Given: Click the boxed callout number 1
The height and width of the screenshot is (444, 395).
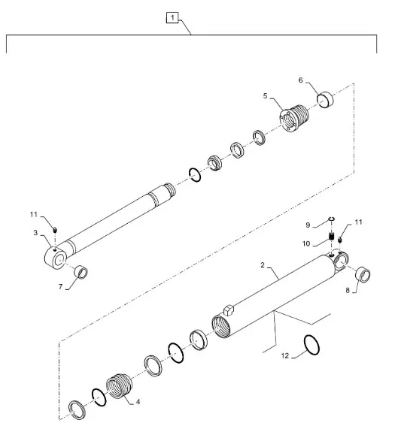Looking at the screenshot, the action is coord(172,17).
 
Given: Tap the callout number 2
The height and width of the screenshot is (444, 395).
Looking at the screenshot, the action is coord(263,265).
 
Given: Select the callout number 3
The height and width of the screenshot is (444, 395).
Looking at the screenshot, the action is coord(35,233).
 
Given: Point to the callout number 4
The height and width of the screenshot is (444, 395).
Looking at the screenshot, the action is coord(138,402).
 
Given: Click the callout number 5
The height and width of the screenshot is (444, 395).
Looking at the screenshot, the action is coord(265,96).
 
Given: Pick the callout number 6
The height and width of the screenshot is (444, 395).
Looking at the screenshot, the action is coord(300,80).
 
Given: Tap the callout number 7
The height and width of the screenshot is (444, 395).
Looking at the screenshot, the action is coord(60,287).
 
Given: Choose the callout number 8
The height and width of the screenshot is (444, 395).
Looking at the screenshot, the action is coord(348,290).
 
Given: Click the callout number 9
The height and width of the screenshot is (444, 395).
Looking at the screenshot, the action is coord(308,225).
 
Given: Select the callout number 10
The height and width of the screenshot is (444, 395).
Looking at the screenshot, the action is coord(306,244).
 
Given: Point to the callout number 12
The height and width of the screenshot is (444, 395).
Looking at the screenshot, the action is coord(285,355).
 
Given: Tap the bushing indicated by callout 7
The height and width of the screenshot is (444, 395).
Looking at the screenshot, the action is coord(81,272).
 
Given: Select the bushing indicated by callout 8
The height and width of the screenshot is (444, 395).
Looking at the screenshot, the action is coord(363,275).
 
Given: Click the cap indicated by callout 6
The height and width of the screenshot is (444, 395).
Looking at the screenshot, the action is coord(325,99).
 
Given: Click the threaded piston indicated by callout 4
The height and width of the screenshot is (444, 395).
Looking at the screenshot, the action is coord(120,386).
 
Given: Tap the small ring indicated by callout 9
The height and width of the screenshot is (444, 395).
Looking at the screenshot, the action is coord(332,219).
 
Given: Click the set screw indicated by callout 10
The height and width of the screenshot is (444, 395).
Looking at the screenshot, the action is coord(332,236).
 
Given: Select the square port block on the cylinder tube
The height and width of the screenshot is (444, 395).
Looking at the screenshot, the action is coord(228,310).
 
